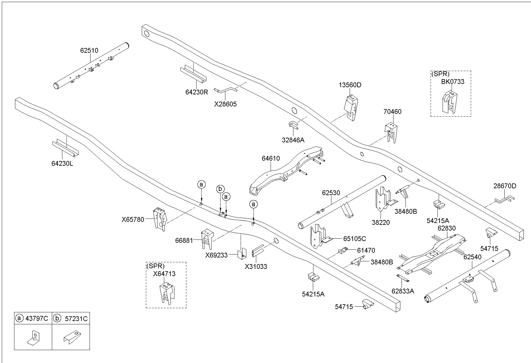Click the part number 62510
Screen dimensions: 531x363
tap(89, 51)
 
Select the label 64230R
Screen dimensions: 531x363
tap(197, 92)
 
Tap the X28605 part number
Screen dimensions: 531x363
tap(225, 104)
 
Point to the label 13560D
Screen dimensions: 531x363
tap(350, 85)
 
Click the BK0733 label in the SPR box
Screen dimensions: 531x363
tap(452, 82)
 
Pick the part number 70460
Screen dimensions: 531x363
tap(392, 112)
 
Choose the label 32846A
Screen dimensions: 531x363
tap(293, 140)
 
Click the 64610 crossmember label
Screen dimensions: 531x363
tap(271, 158)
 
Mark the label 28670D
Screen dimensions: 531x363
tap(505, 186)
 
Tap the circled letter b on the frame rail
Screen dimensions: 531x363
tap(220, 189)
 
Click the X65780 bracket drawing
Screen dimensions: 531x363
tap(160, 219)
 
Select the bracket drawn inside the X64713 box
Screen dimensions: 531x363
tap(167, 293)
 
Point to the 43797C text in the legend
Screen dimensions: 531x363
tap(37, 318)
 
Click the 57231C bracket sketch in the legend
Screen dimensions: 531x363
tap(72, 337)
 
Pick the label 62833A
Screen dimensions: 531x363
tap(403, 291)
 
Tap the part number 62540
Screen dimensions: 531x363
tap(472, 257)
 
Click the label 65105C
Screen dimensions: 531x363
tap(354, 239)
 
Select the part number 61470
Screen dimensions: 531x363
tap(366, 250)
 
